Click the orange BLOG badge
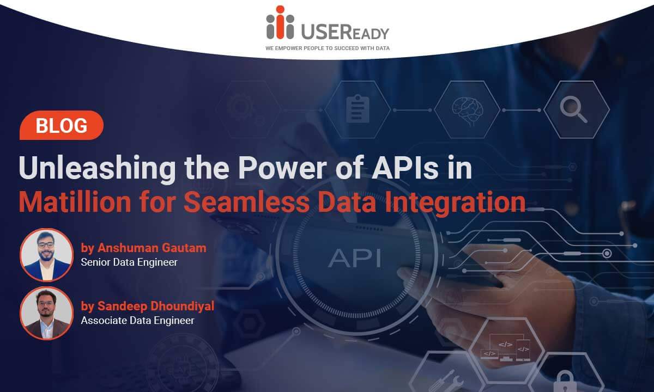pyautogui.click(x=61, y=125)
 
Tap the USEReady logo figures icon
pyautogui.click(x=280, y=22)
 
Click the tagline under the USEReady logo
pyautogui.click(x=328, y=48)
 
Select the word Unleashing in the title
pyautogui.click(x=97, y=169)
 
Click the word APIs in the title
pyautogui.click(x=405, y=168)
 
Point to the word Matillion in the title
pyautogui.click(x=75, y=202)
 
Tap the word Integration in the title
pyautogui.click(x=455, y=204)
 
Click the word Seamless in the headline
pyautogui.click(x=247, y=202)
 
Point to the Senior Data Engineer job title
pyautogui.click(x=129, y=262)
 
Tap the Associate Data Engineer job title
pyautogui.click(x=137, y=321)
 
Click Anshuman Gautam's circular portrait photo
pyautogui.click(x=46, y=255)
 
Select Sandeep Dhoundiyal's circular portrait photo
pyautogui.click(x=46, y=313)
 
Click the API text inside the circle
pyautogui.click(x=354, y=258)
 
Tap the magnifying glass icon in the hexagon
pyautogui.click(x=574, y=109)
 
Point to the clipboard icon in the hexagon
pyautogui.click(x=358, y=108)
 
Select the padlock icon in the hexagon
pyautogui.click(x=565, y=382)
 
